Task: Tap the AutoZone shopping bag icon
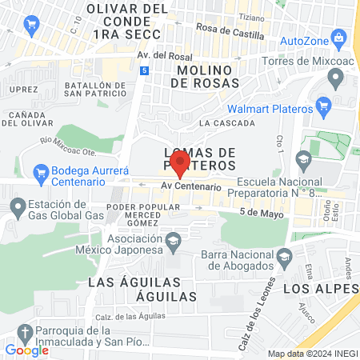(340, 38)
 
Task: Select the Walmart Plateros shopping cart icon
(324, 106)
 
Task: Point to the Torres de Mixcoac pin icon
(335, 78)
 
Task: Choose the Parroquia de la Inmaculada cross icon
(26, 333)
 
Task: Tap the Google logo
(27, 350)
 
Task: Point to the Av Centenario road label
(190, 186)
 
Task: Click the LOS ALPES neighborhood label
(321, 287)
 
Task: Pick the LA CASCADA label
(227, 123)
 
